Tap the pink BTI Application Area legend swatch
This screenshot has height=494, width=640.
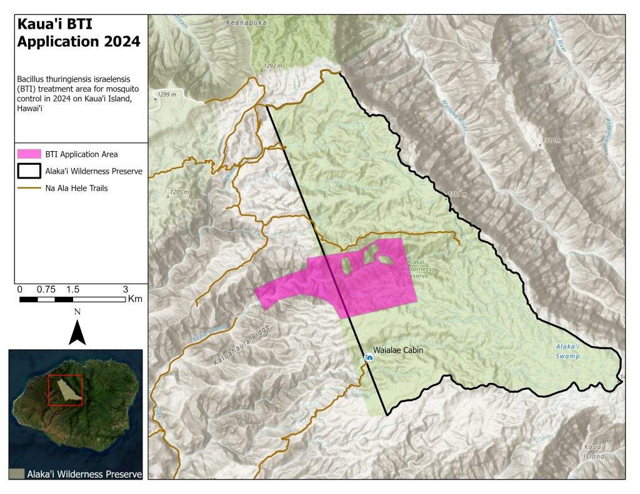(29, 154)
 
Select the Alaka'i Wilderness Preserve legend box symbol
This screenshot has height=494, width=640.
(29, 170)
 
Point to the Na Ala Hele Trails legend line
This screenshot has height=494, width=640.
(29, 187)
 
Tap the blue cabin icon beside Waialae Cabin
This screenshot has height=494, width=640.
(369, 357)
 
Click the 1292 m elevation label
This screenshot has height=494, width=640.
(273, 66)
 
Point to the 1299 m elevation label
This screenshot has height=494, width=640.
(167, 94)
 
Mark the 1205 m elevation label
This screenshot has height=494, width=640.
(178, 192)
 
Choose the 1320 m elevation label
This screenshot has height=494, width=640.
(552, 141)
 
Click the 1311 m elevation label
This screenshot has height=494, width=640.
(457, 195)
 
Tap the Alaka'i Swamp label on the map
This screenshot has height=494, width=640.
(567, 351)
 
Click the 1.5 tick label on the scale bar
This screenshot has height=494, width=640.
(72, 290)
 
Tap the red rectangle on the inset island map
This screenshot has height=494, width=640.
(65, 390)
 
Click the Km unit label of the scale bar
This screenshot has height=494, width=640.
(134, 299)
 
